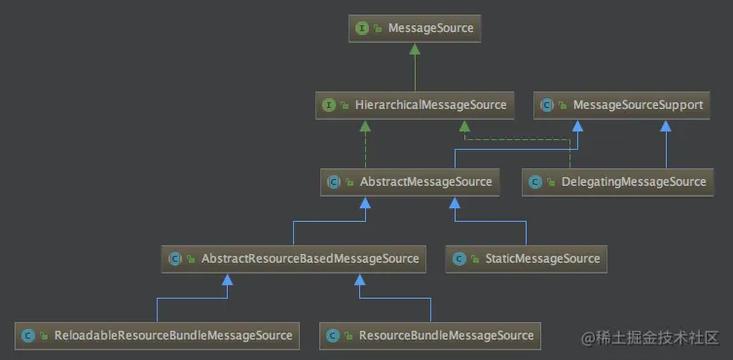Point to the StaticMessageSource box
(x=525, y=259)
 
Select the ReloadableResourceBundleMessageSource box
(x=157, y=336)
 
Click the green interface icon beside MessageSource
(x=362, y=28)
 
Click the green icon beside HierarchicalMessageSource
(x=328, y=105)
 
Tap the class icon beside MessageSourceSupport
(x=547, y=105)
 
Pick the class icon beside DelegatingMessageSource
(x=535, y=181)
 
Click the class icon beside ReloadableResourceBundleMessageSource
(x=28, y=336)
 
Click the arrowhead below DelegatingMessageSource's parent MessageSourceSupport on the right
(x=666, y=125)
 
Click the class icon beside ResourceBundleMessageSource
(x=334, y=336)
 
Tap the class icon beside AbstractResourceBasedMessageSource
(x=175, y=259)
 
